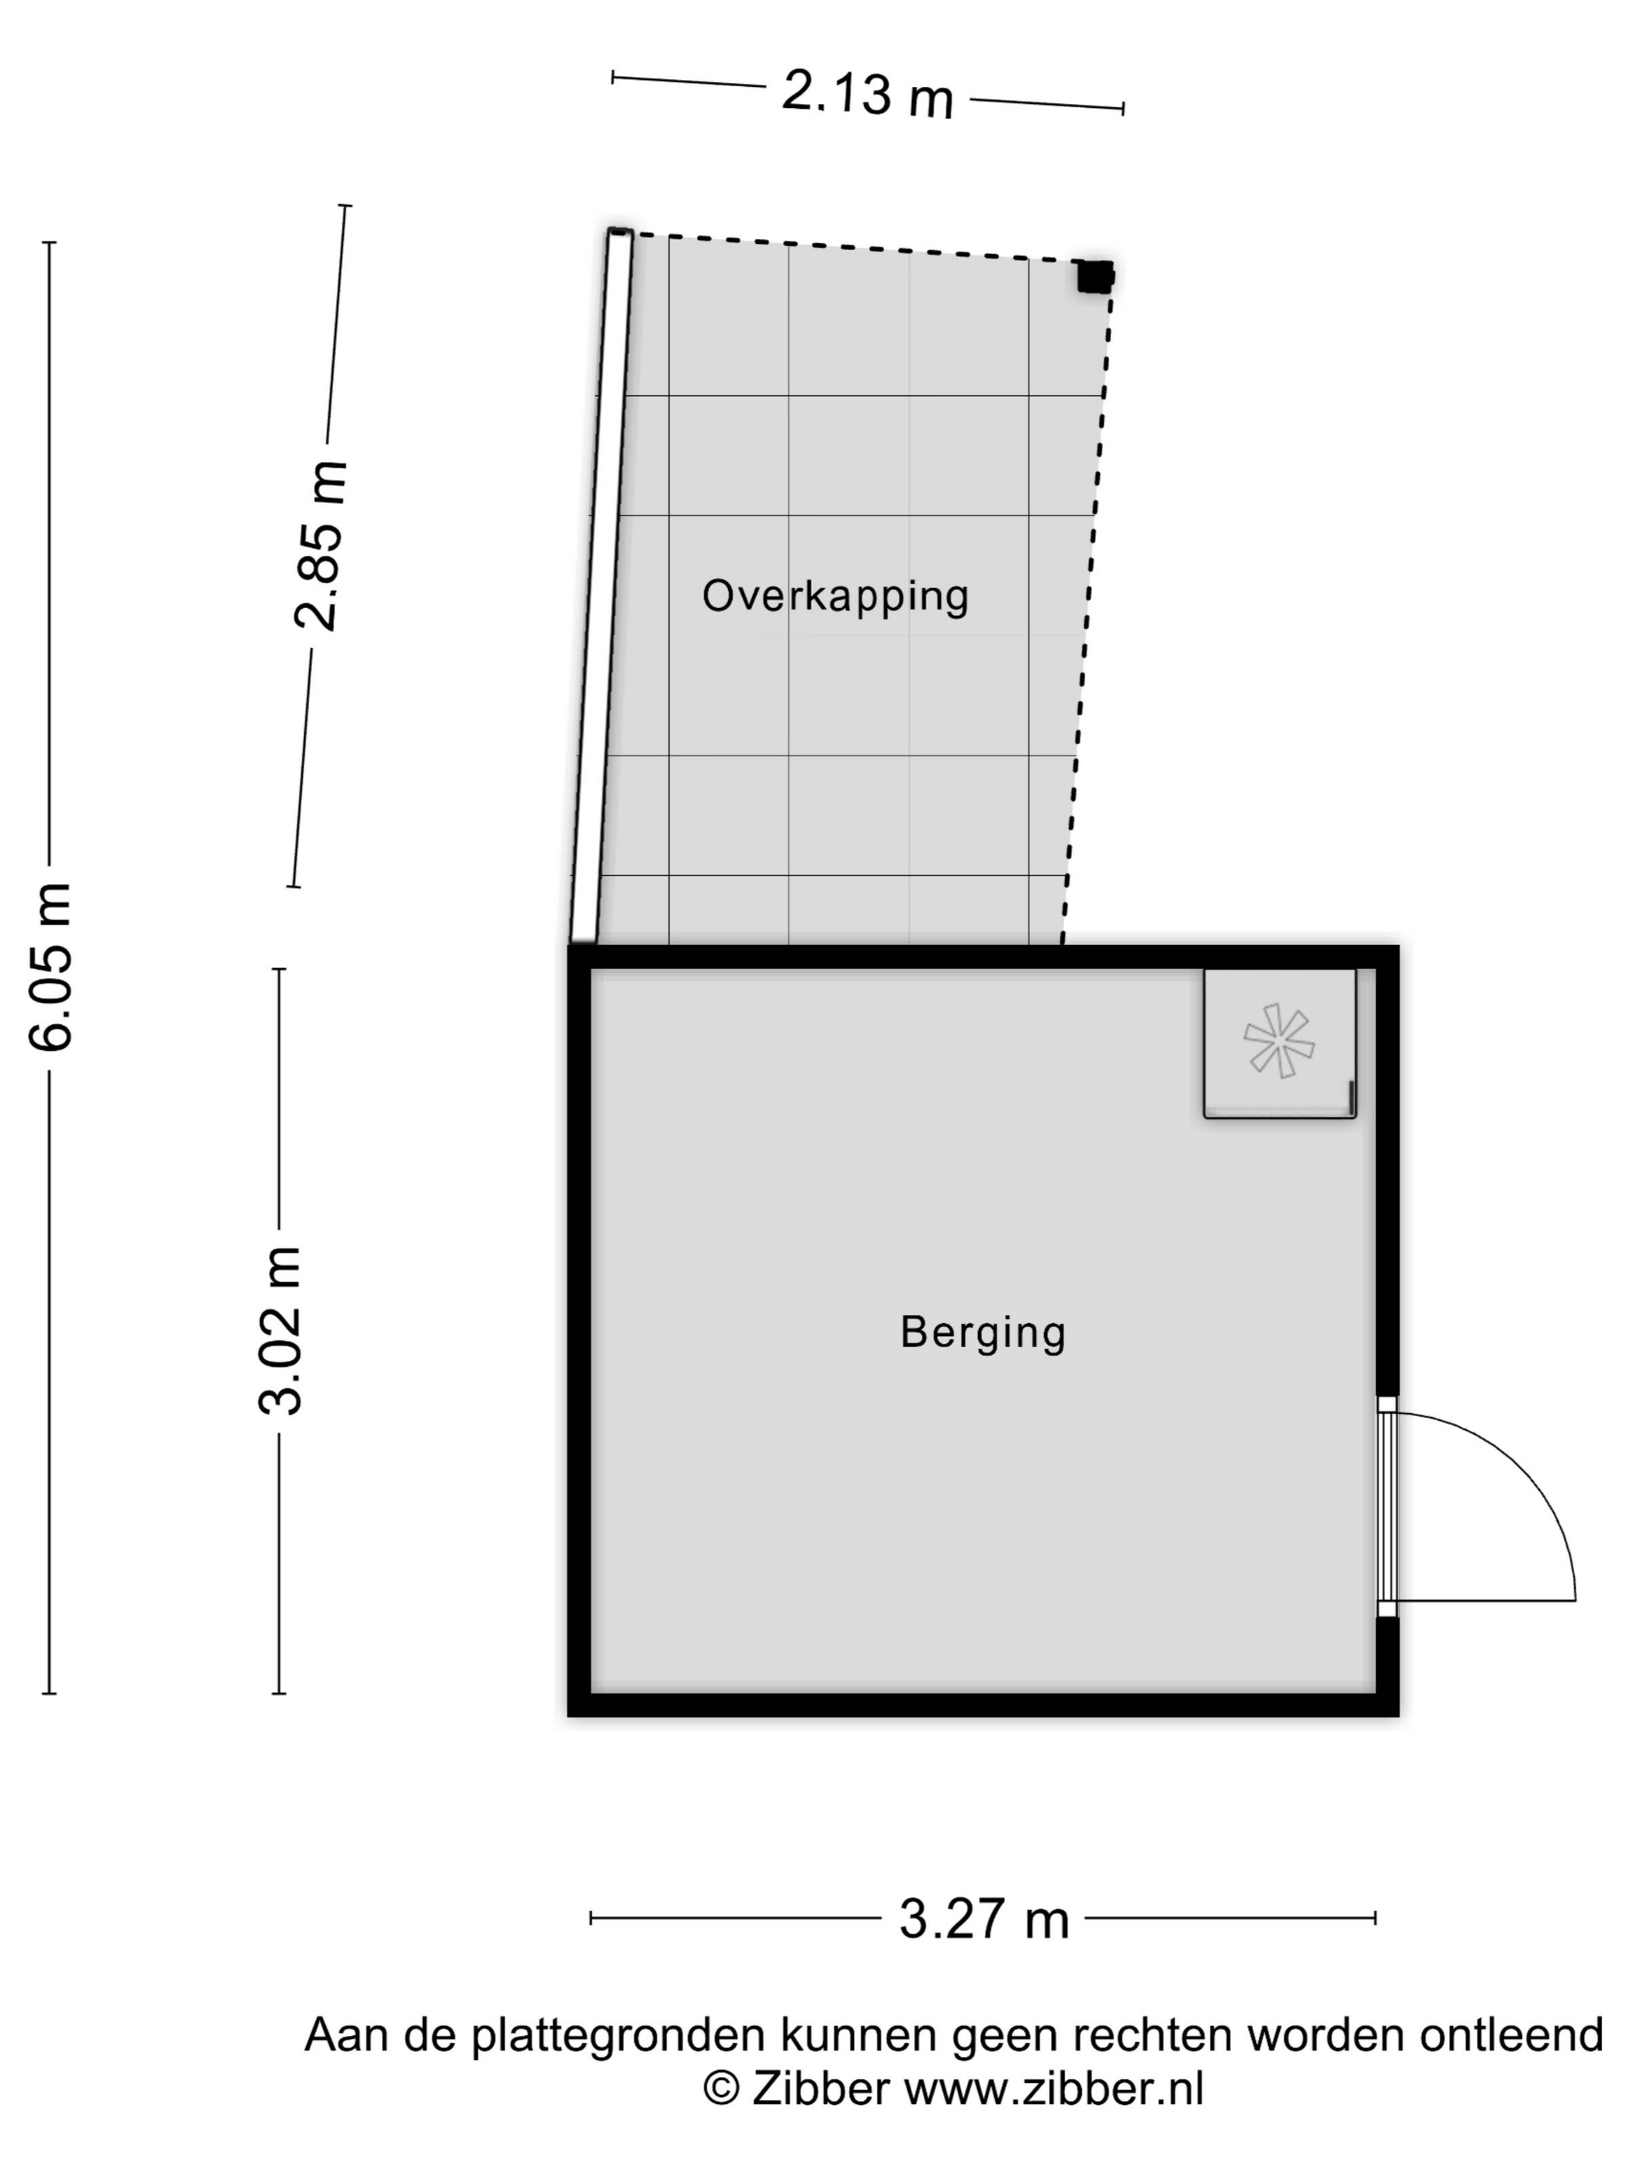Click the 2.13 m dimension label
(868, 96)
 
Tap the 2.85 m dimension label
(321, 546)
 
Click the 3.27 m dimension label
(983, 1918)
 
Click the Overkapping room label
(835, 596)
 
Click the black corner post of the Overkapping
(1094, 276)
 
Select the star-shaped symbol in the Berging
(1278, 1041)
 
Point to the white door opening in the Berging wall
(1386, 1505)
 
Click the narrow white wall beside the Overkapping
(600, 585)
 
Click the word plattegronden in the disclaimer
(618, 2037)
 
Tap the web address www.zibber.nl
(1053, 2089)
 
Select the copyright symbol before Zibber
(721, 2089)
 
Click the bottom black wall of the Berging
(983, 1705)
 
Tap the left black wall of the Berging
(580, 1331)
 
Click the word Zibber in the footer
(821, 2089)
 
